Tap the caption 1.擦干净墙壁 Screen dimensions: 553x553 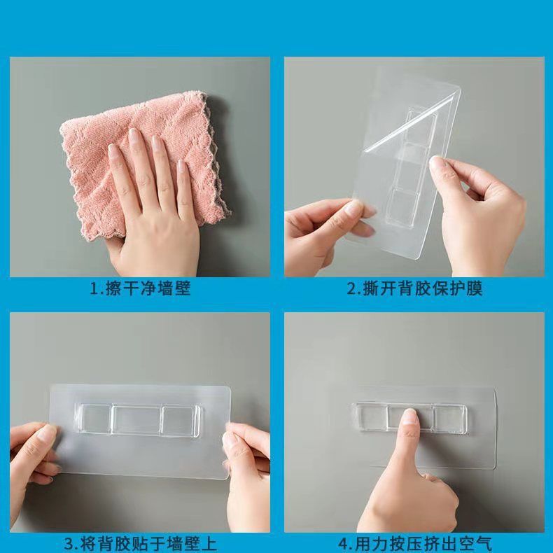(140, 288)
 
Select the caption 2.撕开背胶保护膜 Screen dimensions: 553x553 (414, 288)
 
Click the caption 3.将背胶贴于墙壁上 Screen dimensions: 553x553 (140, 543)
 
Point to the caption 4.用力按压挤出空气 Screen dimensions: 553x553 (414, 543)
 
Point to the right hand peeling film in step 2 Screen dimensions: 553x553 (483, 210)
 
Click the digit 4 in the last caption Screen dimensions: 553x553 (343, 543)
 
